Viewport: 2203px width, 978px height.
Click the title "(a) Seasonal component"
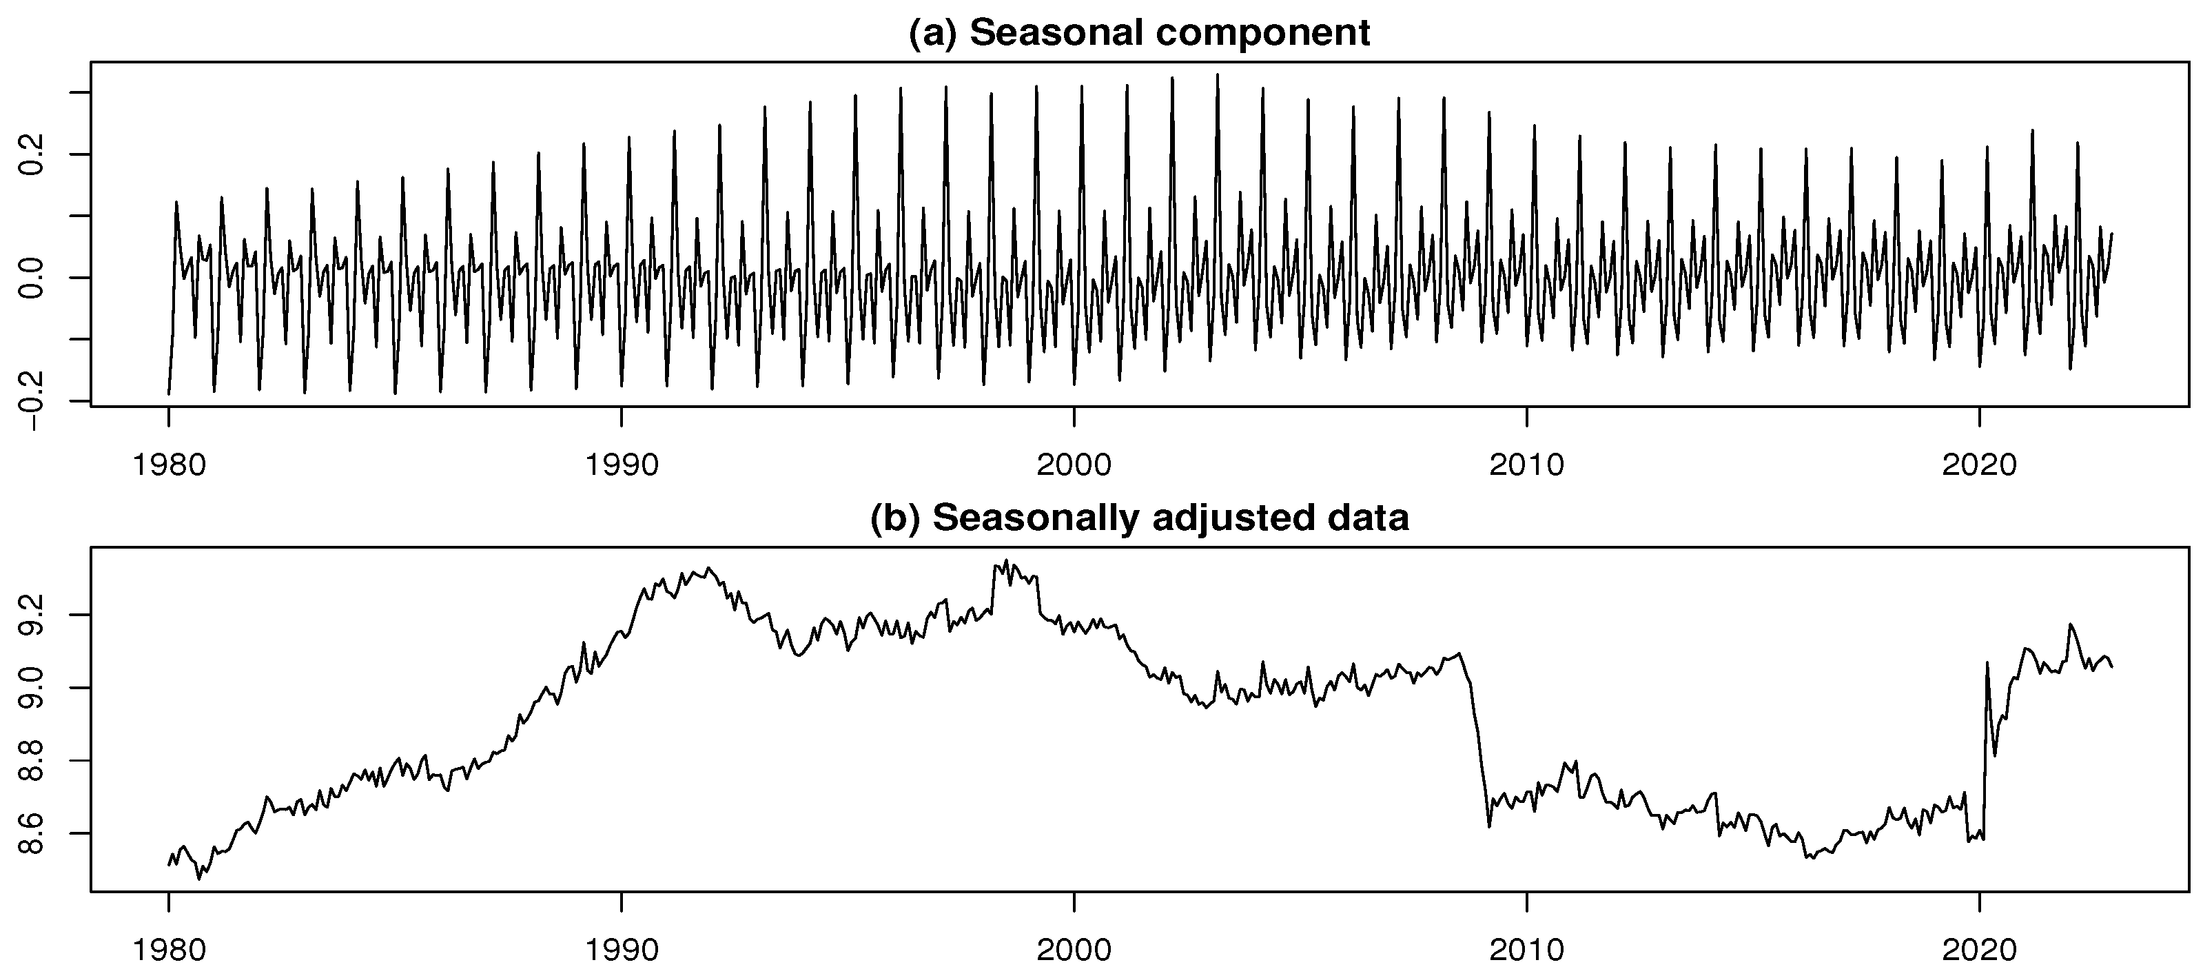point(1139,32)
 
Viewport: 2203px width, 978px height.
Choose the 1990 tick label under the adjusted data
point(621,950)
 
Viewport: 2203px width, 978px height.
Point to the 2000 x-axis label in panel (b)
point(1074,950)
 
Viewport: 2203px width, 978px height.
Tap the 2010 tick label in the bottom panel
point(1526,950)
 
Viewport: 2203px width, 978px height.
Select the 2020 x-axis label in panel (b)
point(1979,950)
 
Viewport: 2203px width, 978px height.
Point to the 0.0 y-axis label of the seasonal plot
point(32,277)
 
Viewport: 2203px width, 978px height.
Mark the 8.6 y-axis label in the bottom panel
point(32,833)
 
